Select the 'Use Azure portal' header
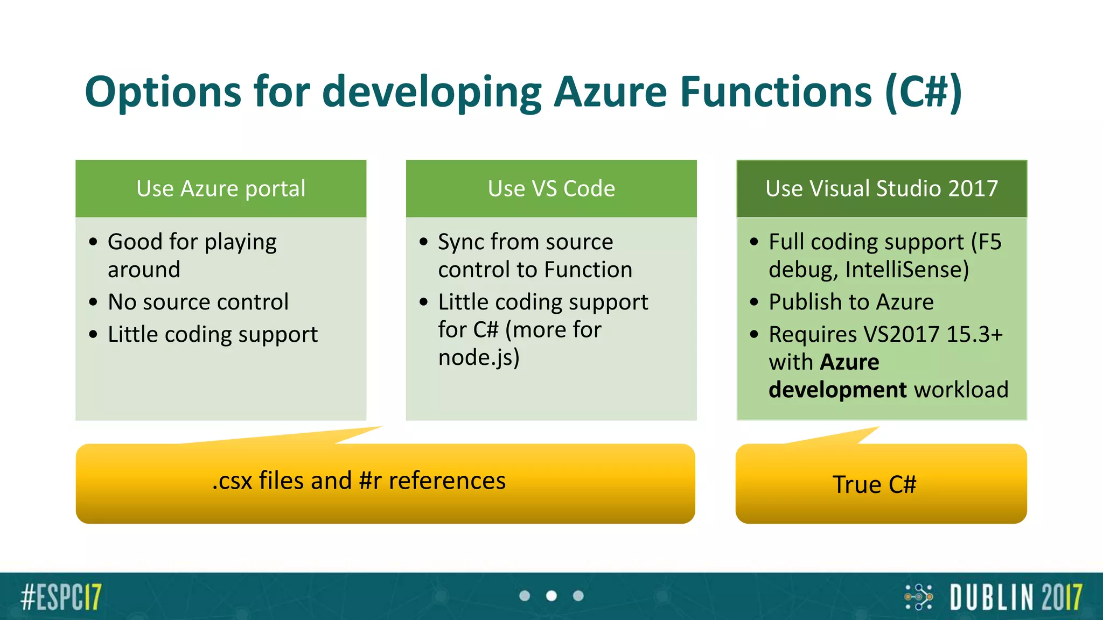[x=221, y=188]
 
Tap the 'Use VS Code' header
[x=551, y=188]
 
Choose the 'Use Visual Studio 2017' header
[x=882, y=188]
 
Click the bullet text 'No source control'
[x=198, y=302]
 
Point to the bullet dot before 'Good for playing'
[x=94, y=242]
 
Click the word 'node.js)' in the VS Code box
[x=478, y=357]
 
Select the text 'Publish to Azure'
[x=851, y=302]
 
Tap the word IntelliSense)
[x=907, y=270]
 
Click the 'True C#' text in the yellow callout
[x=874, y=484]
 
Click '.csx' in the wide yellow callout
[x=232, y=481]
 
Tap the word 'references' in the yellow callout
[x=447, y=481]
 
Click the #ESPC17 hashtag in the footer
[x=61, y=597]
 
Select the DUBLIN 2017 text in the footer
[x=1016, y=597]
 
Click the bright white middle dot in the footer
[x=551, y=596]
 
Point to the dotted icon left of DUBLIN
[x=919, y=597]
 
